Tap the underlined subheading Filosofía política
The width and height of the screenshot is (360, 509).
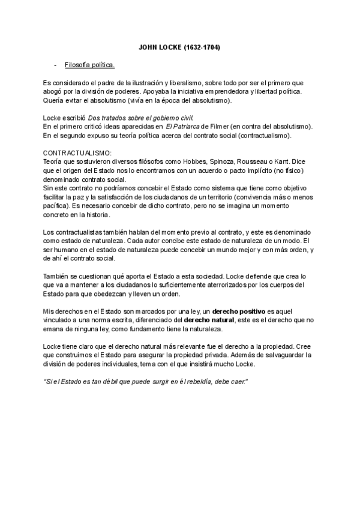[89, 64]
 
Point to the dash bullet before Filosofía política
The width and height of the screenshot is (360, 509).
[55, 64]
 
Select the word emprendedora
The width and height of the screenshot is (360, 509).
[225, 91]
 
